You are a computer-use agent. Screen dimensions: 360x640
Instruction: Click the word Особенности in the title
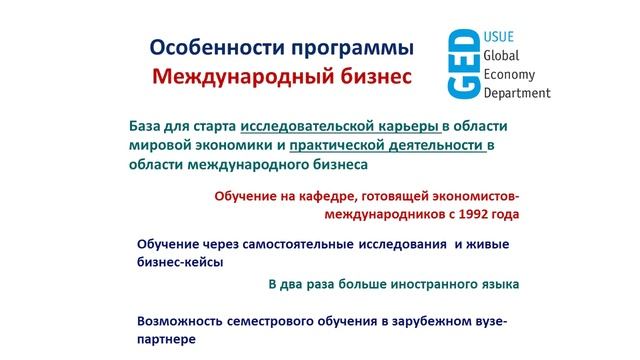[202, 47]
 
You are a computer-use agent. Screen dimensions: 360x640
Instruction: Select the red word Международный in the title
[226, 76]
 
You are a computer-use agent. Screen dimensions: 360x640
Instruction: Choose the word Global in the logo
[504, 57]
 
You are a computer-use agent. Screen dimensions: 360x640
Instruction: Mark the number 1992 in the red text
[471, 214]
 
